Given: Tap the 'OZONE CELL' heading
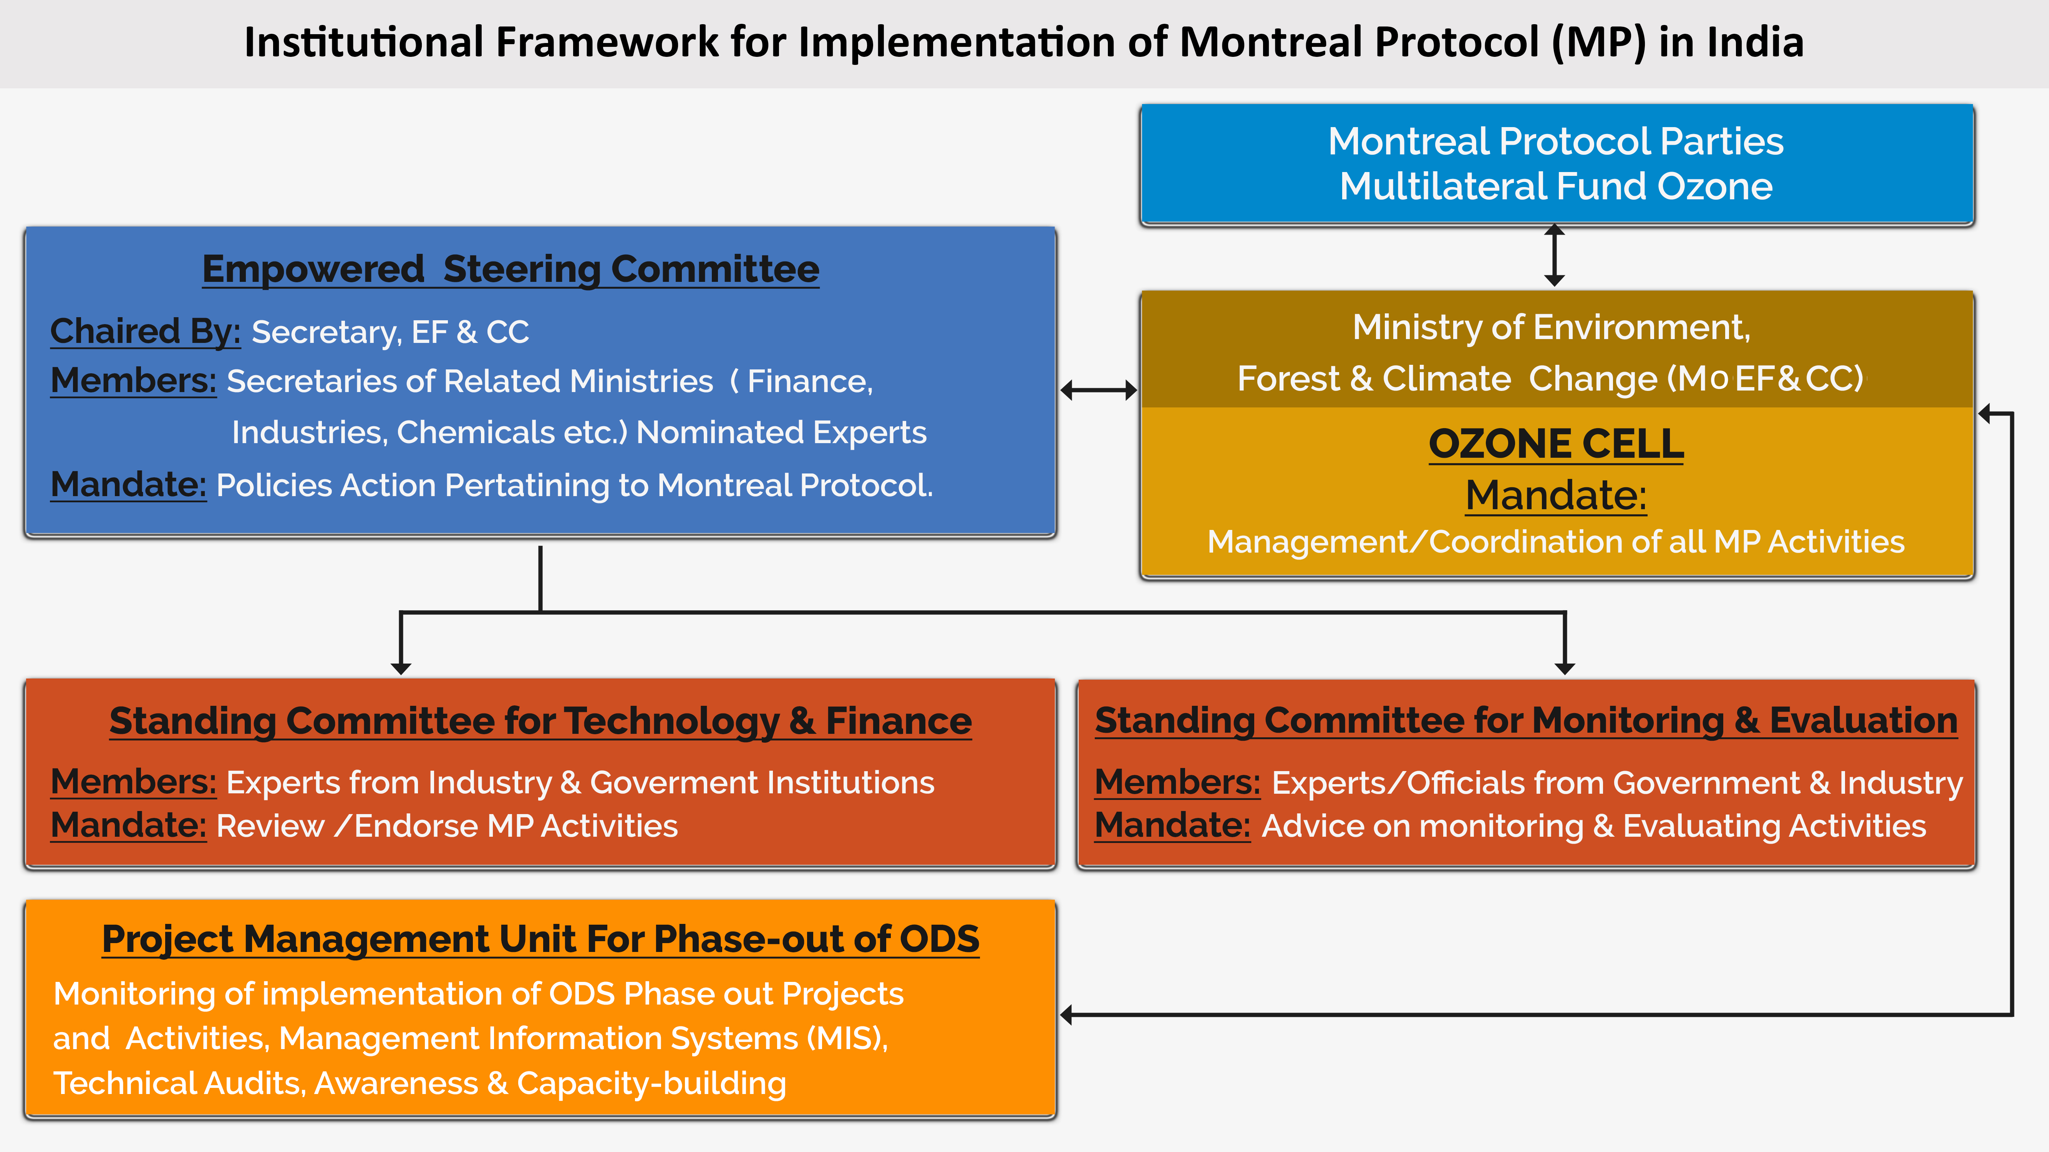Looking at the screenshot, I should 1556,444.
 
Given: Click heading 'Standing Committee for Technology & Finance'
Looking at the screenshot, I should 540,721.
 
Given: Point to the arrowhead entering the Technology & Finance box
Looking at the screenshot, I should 401,668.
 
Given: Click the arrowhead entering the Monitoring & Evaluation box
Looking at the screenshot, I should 1565,668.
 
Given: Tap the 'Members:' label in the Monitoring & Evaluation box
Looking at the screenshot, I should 1177,783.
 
